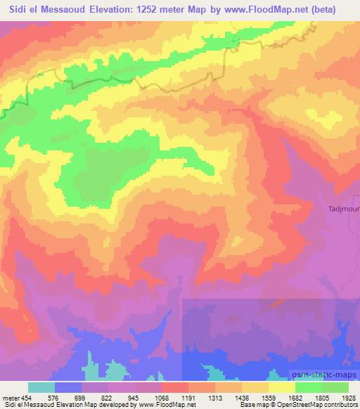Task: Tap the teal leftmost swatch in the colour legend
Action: coord(41,387)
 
